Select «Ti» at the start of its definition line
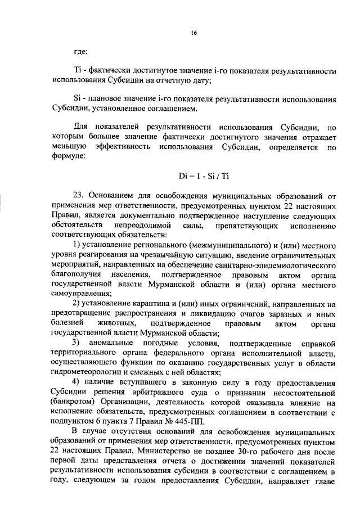tap(78, 73)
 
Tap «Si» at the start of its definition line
tap(78, 99)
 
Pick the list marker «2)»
tap(78, 304)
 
